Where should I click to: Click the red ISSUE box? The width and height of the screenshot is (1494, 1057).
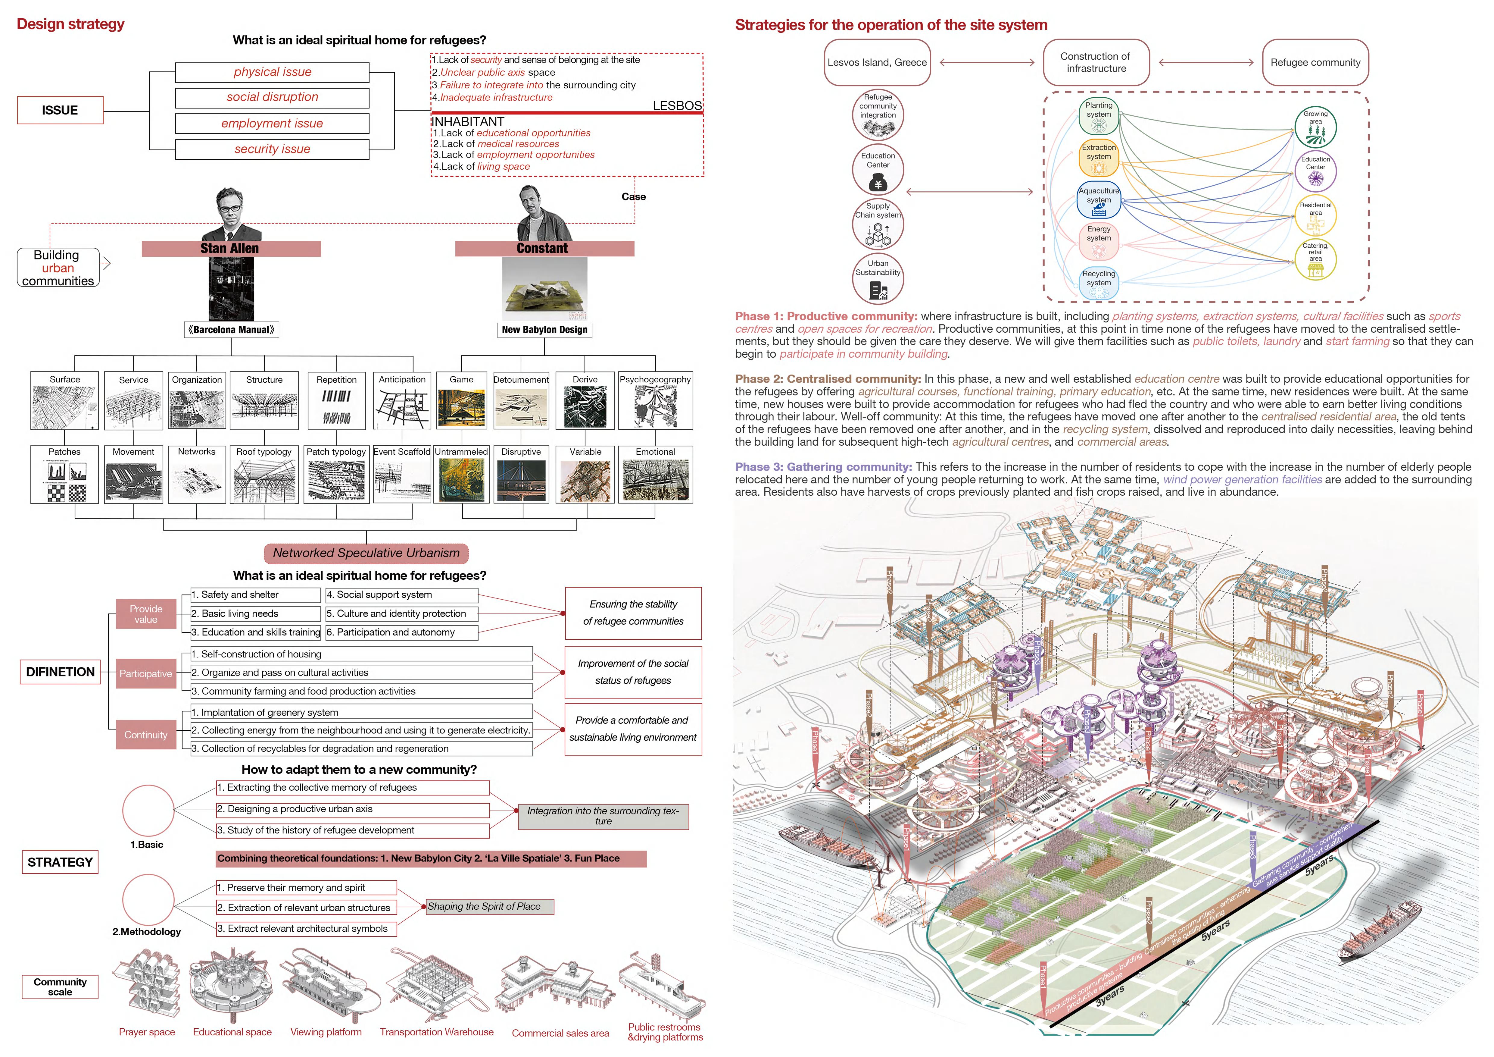(x=60, y=110)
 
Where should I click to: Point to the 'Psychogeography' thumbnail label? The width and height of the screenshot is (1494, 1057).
(x=655, y=379)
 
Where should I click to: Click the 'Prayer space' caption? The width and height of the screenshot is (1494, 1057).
(x=147, y=1032)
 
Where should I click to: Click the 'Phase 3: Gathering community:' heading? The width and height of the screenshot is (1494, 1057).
(x=823, y=467)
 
